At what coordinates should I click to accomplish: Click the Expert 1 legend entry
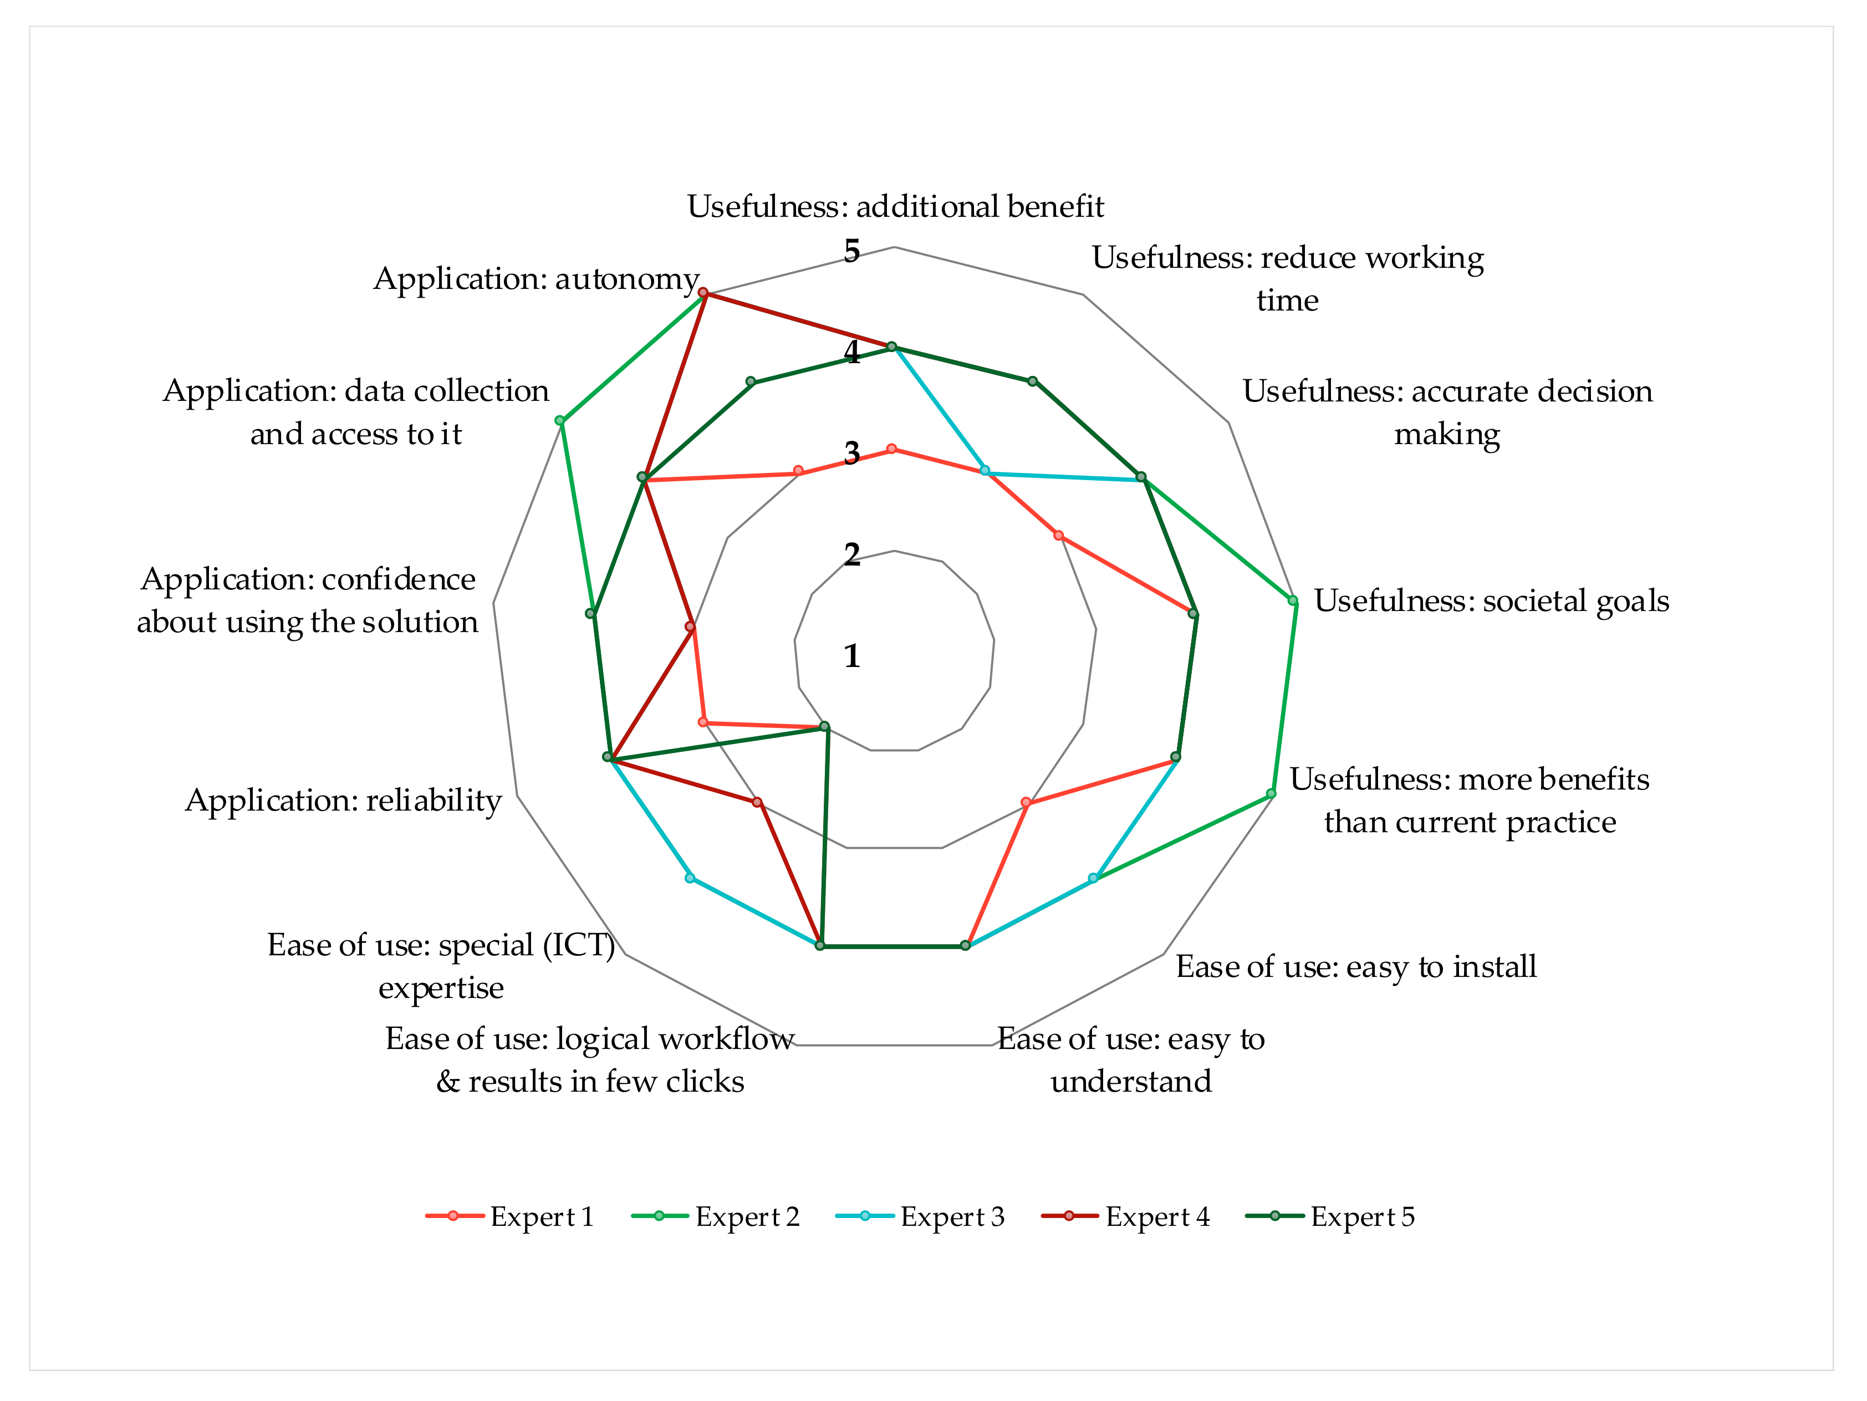click(511, 1216)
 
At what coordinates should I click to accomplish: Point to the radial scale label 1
click(851, 656)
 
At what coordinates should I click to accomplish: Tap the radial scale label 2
click(851, 554)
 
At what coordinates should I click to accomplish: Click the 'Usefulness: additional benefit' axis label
click(895, 206)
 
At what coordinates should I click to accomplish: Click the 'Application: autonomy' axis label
click(536, 278)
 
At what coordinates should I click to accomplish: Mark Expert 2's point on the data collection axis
click(559, 420)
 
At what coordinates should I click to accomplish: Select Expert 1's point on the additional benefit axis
click(891, 449)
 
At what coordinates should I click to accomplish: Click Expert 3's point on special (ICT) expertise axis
click(690, 878)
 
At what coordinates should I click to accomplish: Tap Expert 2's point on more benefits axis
click(1271, 793)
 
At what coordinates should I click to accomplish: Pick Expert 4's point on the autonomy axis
click(703, 293)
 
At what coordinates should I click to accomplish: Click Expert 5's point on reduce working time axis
click(1032, 381)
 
